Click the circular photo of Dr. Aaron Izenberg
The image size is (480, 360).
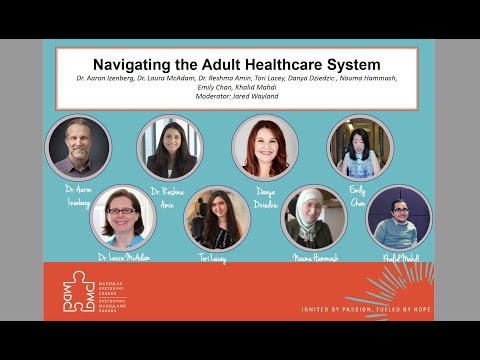[x=78, y=148]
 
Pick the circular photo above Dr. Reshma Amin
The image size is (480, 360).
[x=170, y=148]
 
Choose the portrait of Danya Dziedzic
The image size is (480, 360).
[x=265, y=147]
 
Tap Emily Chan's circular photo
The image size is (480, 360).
[x=360, y=148]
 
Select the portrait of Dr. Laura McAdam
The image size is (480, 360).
[x=123, y=217]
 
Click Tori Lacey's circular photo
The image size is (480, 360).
[x=217, y=218]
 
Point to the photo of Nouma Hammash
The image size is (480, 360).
[x=313, y=218]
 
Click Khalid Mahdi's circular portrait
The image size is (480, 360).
[x=400, y=218]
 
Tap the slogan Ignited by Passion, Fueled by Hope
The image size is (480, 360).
[x=367, y=310]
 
